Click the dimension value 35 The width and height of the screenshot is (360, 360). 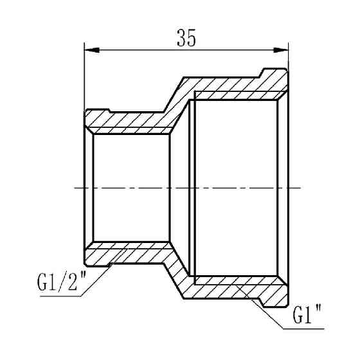186,39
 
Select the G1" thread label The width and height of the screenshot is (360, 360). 307,316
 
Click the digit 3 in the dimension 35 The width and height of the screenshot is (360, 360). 179,39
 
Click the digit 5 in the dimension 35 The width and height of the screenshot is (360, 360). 192,39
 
